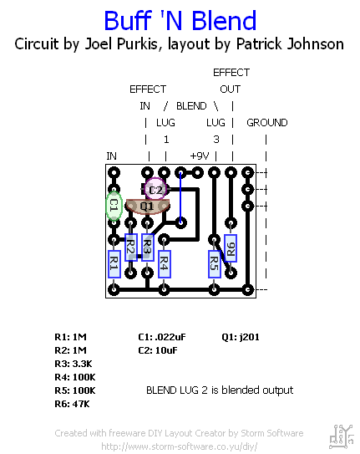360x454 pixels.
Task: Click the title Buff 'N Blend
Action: (x=180, y=20)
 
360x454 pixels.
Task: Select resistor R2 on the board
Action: (x=130, y=247)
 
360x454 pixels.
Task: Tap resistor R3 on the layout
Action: (x=147, y=247)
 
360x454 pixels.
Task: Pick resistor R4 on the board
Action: (x=164, y=264)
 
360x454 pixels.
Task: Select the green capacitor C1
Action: (x=114, y=205)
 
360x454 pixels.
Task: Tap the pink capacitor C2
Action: (x=155, y=190)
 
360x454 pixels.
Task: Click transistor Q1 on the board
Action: (x=146, y=206)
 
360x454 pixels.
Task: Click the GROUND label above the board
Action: (x=266, y=123)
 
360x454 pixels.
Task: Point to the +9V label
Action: (x=199, y=156)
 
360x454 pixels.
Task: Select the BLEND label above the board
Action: (x=191, y=106)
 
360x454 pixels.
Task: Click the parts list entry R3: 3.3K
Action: (x=76, y=364)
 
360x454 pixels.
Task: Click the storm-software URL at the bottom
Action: (x=179, y=446)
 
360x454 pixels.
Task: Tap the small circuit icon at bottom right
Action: (x=339, y=433)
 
